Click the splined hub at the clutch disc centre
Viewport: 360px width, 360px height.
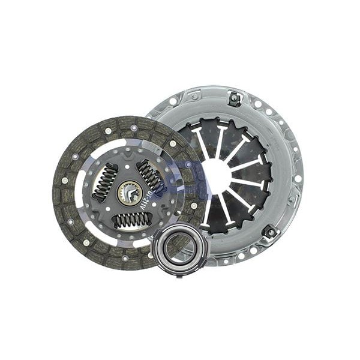(x=130, y=193)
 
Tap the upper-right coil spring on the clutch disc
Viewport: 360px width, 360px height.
(x=151, y=176)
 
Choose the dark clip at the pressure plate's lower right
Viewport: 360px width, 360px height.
(x=271, y=231)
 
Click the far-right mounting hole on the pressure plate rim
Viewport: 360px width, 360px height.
(x=298, y=178)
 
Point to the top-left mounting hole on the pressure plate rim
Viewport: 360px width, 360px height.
(x=173, y=101)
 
